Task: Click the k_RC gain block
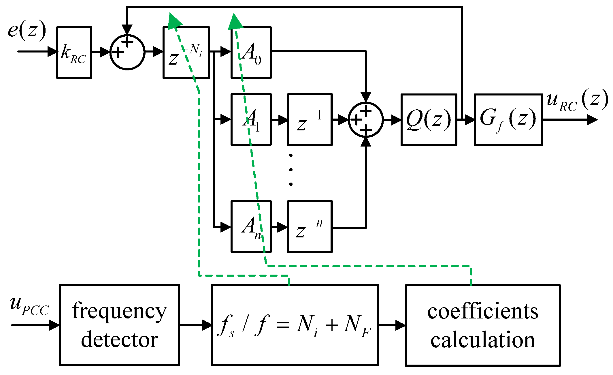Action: pos(74,52)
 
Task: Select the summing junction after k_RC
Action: pos(127,52)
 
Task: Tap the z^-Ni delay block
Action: pos(186,52)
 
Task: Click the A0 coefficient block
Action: pos(251,52)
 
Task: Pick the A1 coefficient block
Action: pos(251,119)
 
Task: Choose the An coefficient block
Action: pos(251,226)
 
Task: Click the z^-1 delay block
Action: pos(310,119)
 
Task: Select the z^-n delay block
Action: pos(310,226)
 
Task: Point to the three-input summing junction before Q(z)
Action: pos(366,119)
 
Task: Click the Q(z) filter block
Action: pos(429,119)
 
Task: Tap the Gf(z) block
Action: pos(509,119)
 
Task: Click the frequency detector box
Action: pos(120,325)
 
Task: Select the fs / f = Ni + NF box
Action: pos(295,325)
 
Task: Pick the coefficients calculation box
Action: pos(483,325)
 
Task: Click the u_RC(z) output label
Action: pos(577,100)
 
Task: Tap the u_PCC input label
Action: pos(29,306)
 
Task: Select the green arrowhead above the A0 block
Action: pos(235,21)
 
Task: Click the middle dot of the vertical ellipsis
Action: pos(291,170)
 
